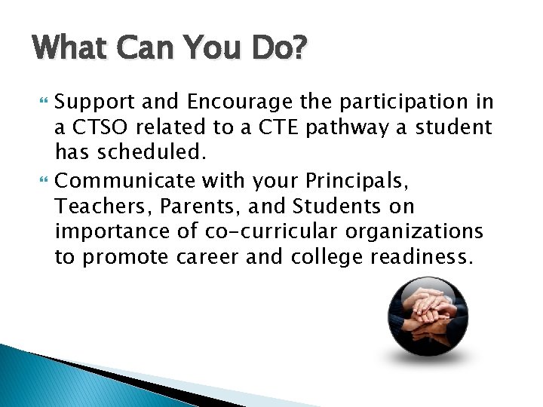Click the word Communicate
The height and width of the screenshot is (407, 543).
[121, 179]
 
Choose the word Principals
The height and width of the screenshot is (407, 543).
[359, 179]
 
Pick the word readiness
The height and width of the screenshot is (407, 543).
[422, 257]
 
